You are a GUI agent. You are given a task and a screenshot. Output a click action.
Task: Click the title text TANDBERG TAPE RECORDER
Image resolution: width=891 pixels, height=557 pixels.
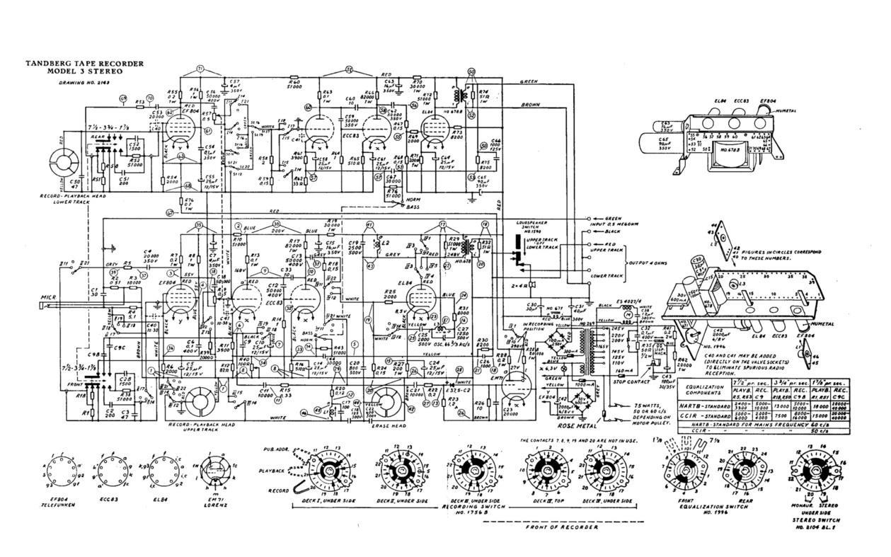(85, 64)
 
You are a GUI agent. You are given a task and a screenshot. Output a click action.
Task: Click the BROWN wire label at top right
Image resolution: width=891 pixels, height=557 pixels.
(531, 105)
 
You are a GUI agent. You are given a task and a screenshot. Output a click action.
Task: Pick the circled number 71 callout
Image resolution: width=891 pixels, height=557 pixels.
(200, 69)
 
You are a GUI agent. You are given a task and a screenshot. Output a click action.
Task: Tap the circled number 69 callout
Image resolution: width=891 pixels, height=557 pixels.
(124, 98)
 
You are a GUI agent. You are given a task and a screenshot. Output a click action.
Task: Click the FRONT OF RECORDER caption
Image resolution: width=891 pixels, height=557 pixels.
(563, 527)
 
